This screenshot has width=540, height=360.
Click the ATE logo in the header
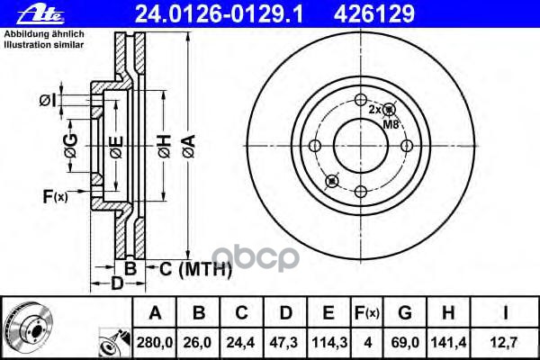point(40,15)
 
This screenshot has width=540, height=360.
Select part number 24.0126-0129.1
point(219,14)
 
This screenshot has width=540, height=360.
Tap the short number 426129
point(374,14)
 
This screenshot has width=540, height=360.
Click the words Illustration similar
point(44,45)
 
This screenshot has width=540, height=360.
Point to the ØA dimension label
point(189,147)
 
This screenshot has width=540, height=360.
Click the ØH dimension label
point(165,147)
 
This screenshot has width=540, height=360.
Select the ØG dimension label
point(71,146)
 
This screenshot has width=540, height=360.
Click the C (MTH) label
point(195,269)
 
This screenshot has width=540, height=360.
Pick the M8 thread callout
point(391,124)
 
